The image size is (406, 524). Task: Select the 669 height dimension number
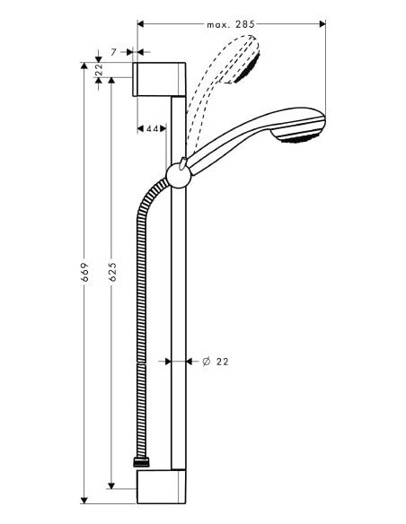click(x=83, y=274)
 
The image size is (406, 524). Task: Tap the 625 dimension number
click(x=111, y=274)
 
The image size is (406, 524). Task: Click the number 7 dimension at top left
click(x=113, y=53)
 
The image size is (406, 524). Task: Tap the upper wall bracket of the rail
click(x=160, y=78)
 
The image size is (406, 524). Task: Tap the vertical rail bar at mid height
click(x=179, y=314)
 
